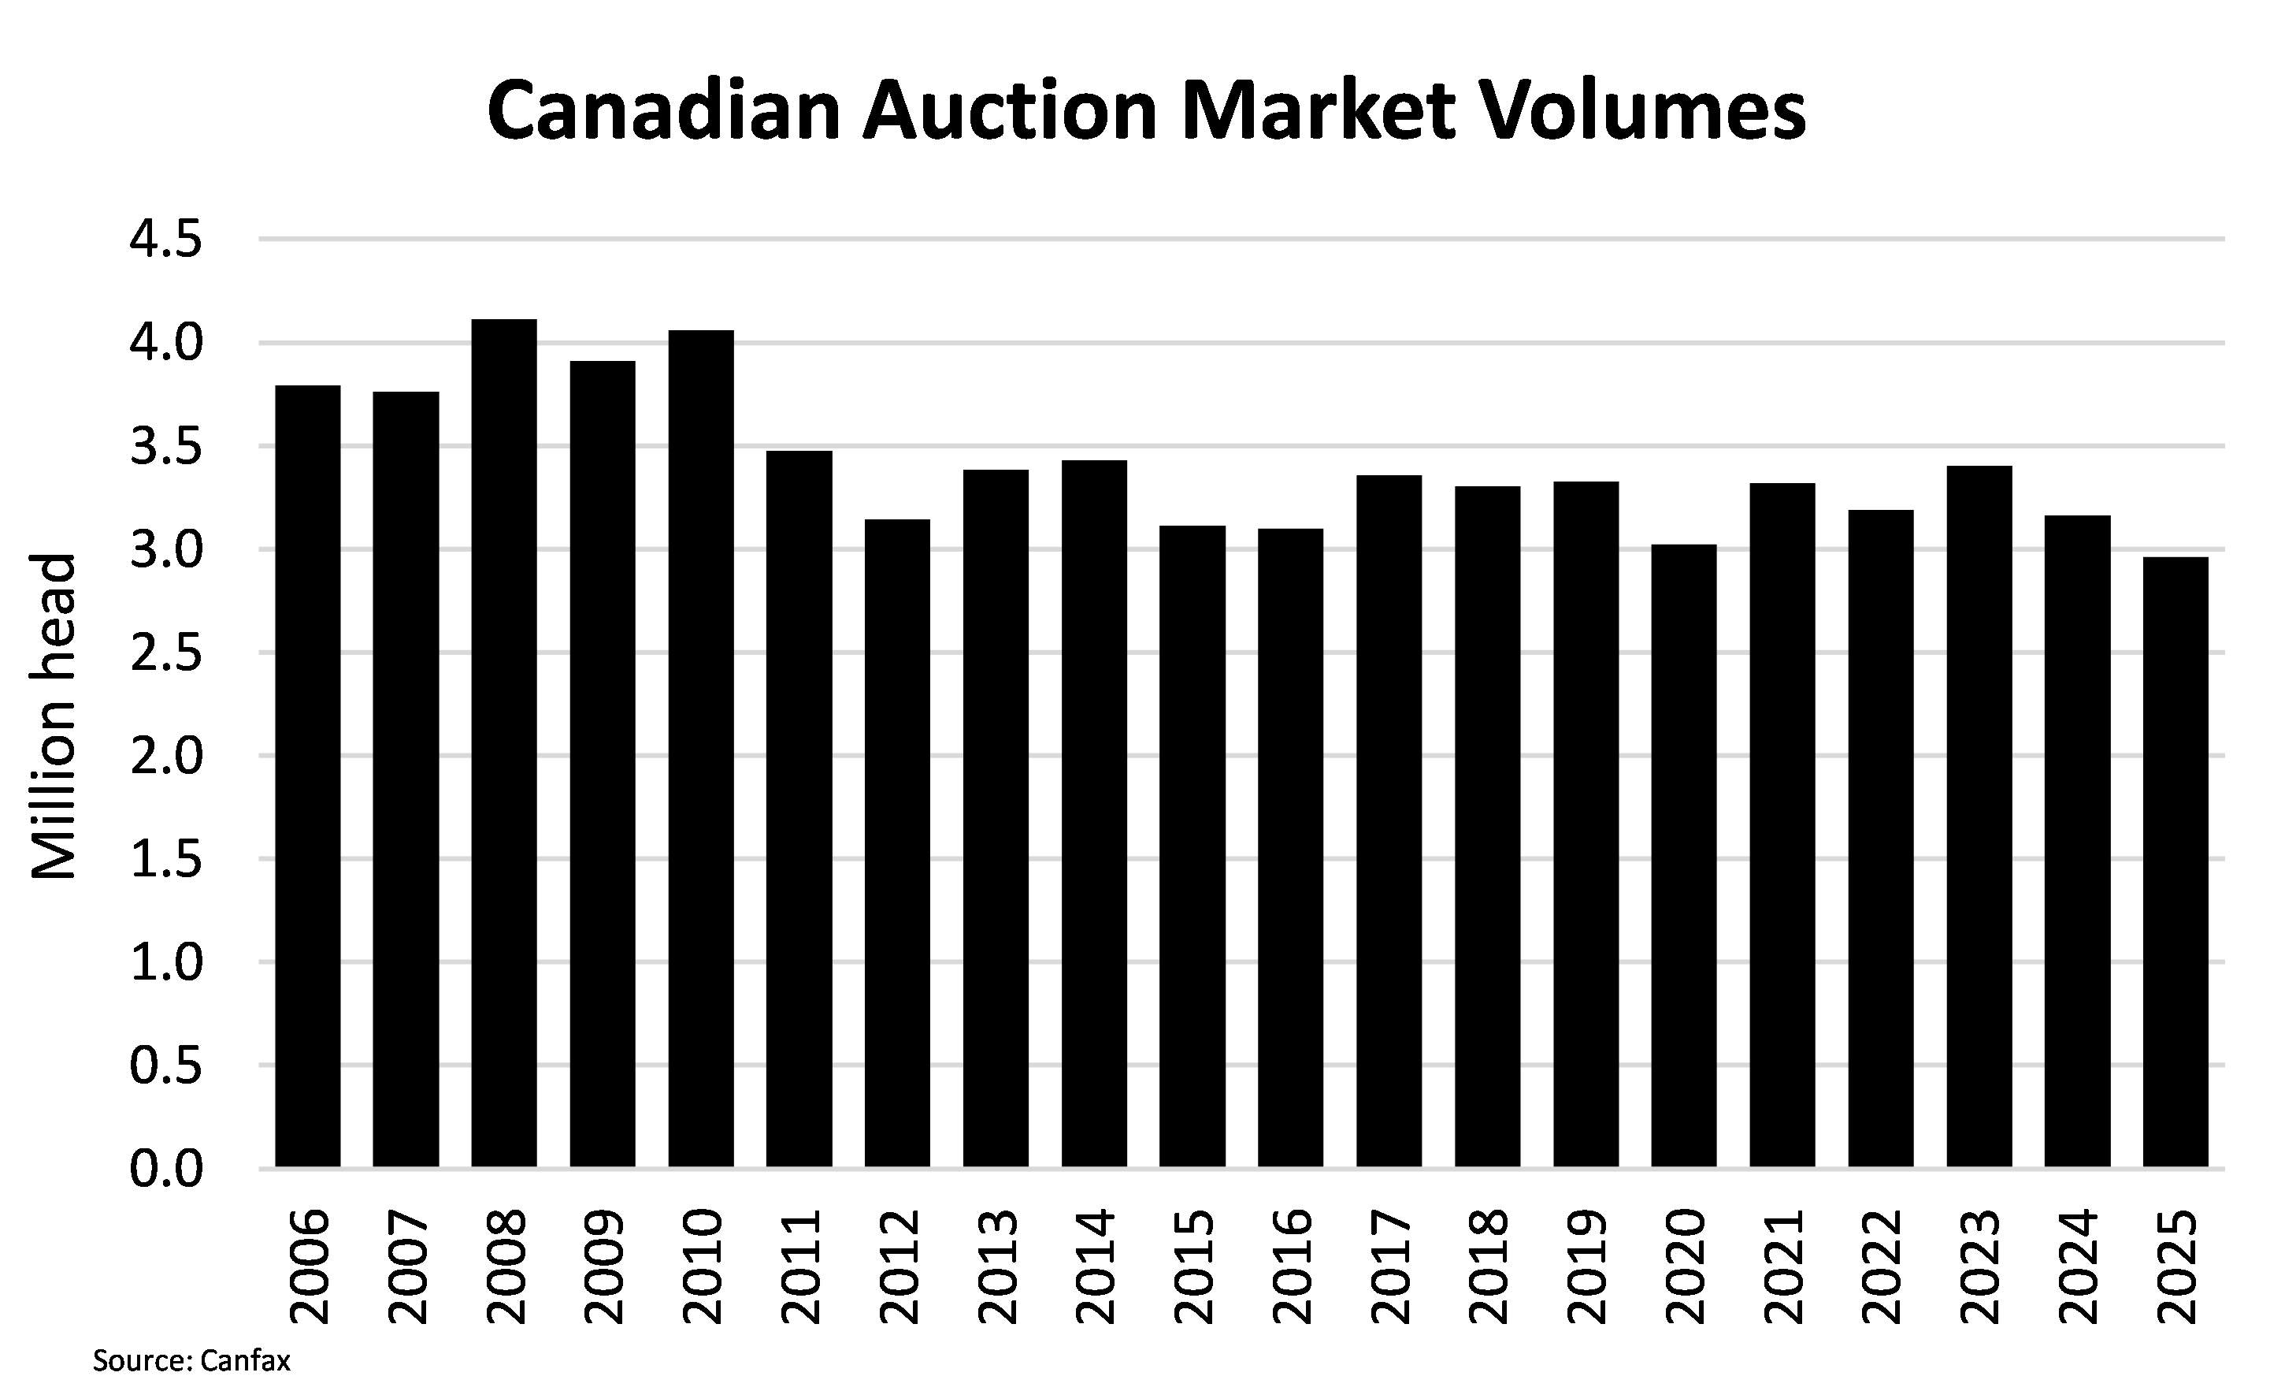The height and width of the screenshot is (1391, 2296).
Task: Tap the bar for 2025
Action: pyautogui.click(x=2175, y=861)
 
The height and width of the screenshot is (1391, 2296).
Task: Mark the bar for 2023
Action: pyautogui.click(x=1979, y=816)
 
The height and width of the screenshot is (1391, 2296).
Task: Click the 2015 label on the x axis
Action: pyautogui.click(x=1193, y=1266)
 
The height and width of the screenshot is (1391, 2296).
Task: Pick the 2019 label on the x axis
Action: pyautogui.click(x=1587, y=1266)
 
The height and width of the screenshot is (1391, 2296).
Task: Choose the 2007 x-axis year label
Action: pyautogui.click(x=407, y=1266)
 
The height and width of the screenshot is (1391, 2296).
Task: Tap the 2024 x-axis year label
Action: pyautogui.click(x=2078, y=1266)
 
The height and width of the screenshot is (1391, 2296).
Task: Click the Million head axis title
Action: pyautogui.click(x=53, y=716)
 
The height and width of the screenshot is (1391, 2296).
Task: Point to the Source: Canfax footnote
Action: pyautogui.click(x=192, y=1360)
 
